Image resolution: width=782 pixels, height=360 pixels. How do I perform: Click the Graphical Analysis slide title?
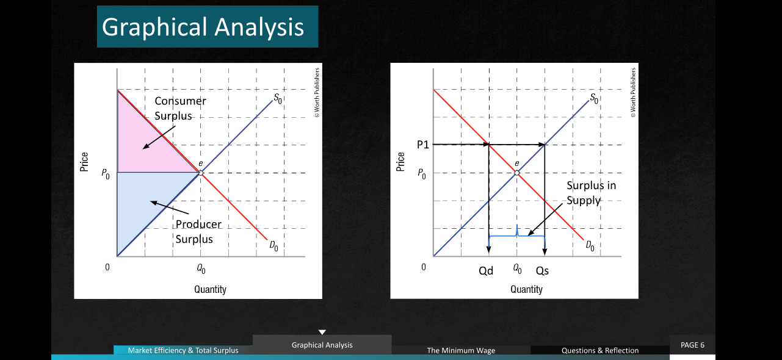(203, 27)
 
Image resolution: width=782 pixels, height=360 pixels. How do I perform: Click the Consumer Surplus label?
(180, 108)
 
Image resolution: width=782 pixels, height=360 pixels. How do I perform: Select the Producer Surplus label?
(198, 231)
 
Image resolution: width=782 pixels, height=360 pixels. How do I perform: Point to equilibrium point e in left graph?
(201, 173)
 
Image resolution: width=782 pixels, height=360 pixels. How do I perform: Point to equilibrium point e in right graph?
(517, 173)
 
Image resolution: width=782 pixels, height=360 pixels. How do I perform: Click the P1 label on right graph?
(423, 145)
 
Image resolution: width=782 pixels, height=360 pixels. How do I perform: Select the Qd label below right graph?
(486, 271)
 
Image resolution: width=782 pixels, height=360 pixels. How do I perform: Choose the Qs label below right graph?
(542, 271)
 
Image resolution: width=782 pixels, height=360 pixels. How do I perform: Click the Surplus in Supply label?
(591, 193)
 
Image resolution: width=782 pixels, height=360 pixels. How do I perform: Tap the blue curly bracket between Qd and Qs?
(517, 236)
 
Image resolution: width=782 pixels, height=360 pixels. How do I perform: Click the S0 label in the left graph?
(278, 98)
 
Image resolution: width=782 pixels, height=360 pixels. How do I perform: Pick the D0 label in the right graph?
(590, 245)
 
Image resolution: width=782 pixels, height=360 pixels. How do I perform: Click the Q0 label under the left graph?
(201, 268)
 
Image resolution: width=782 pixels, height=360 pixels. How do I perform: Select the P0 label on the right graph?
(422, 173)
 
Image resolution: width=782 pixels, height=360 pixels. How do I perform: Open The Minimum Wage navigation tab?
(461, 350)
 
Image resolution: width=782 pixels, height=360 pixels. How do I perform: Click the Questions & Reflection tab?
(600, 350)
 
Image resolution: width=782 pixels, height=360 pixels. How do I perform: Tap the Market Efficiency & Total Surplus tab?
(183, 350)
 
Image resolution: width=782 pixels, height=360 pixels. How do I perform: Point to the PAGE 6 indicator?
(692, 345)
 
